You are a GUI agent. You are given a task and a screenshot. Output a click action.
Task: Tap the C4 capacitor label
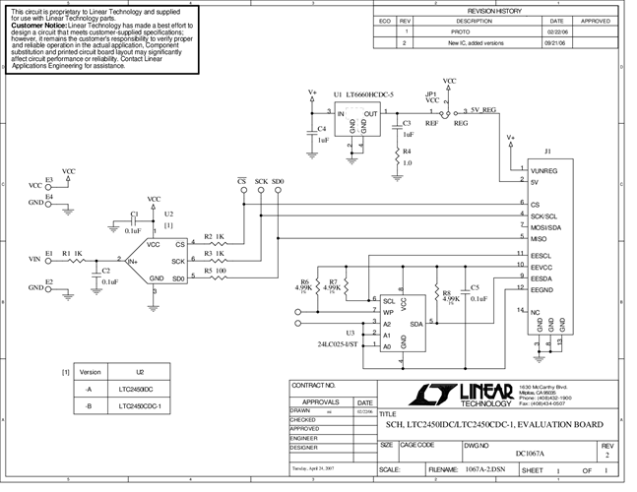320,128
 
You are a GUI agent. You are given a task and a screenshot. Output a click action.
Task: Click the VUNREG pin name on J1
543,170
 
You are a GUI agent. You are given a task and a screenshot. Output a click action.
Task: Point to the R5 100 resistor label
215,269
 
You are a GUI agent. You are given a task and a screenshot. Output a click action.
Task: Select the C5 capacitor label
476,287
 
